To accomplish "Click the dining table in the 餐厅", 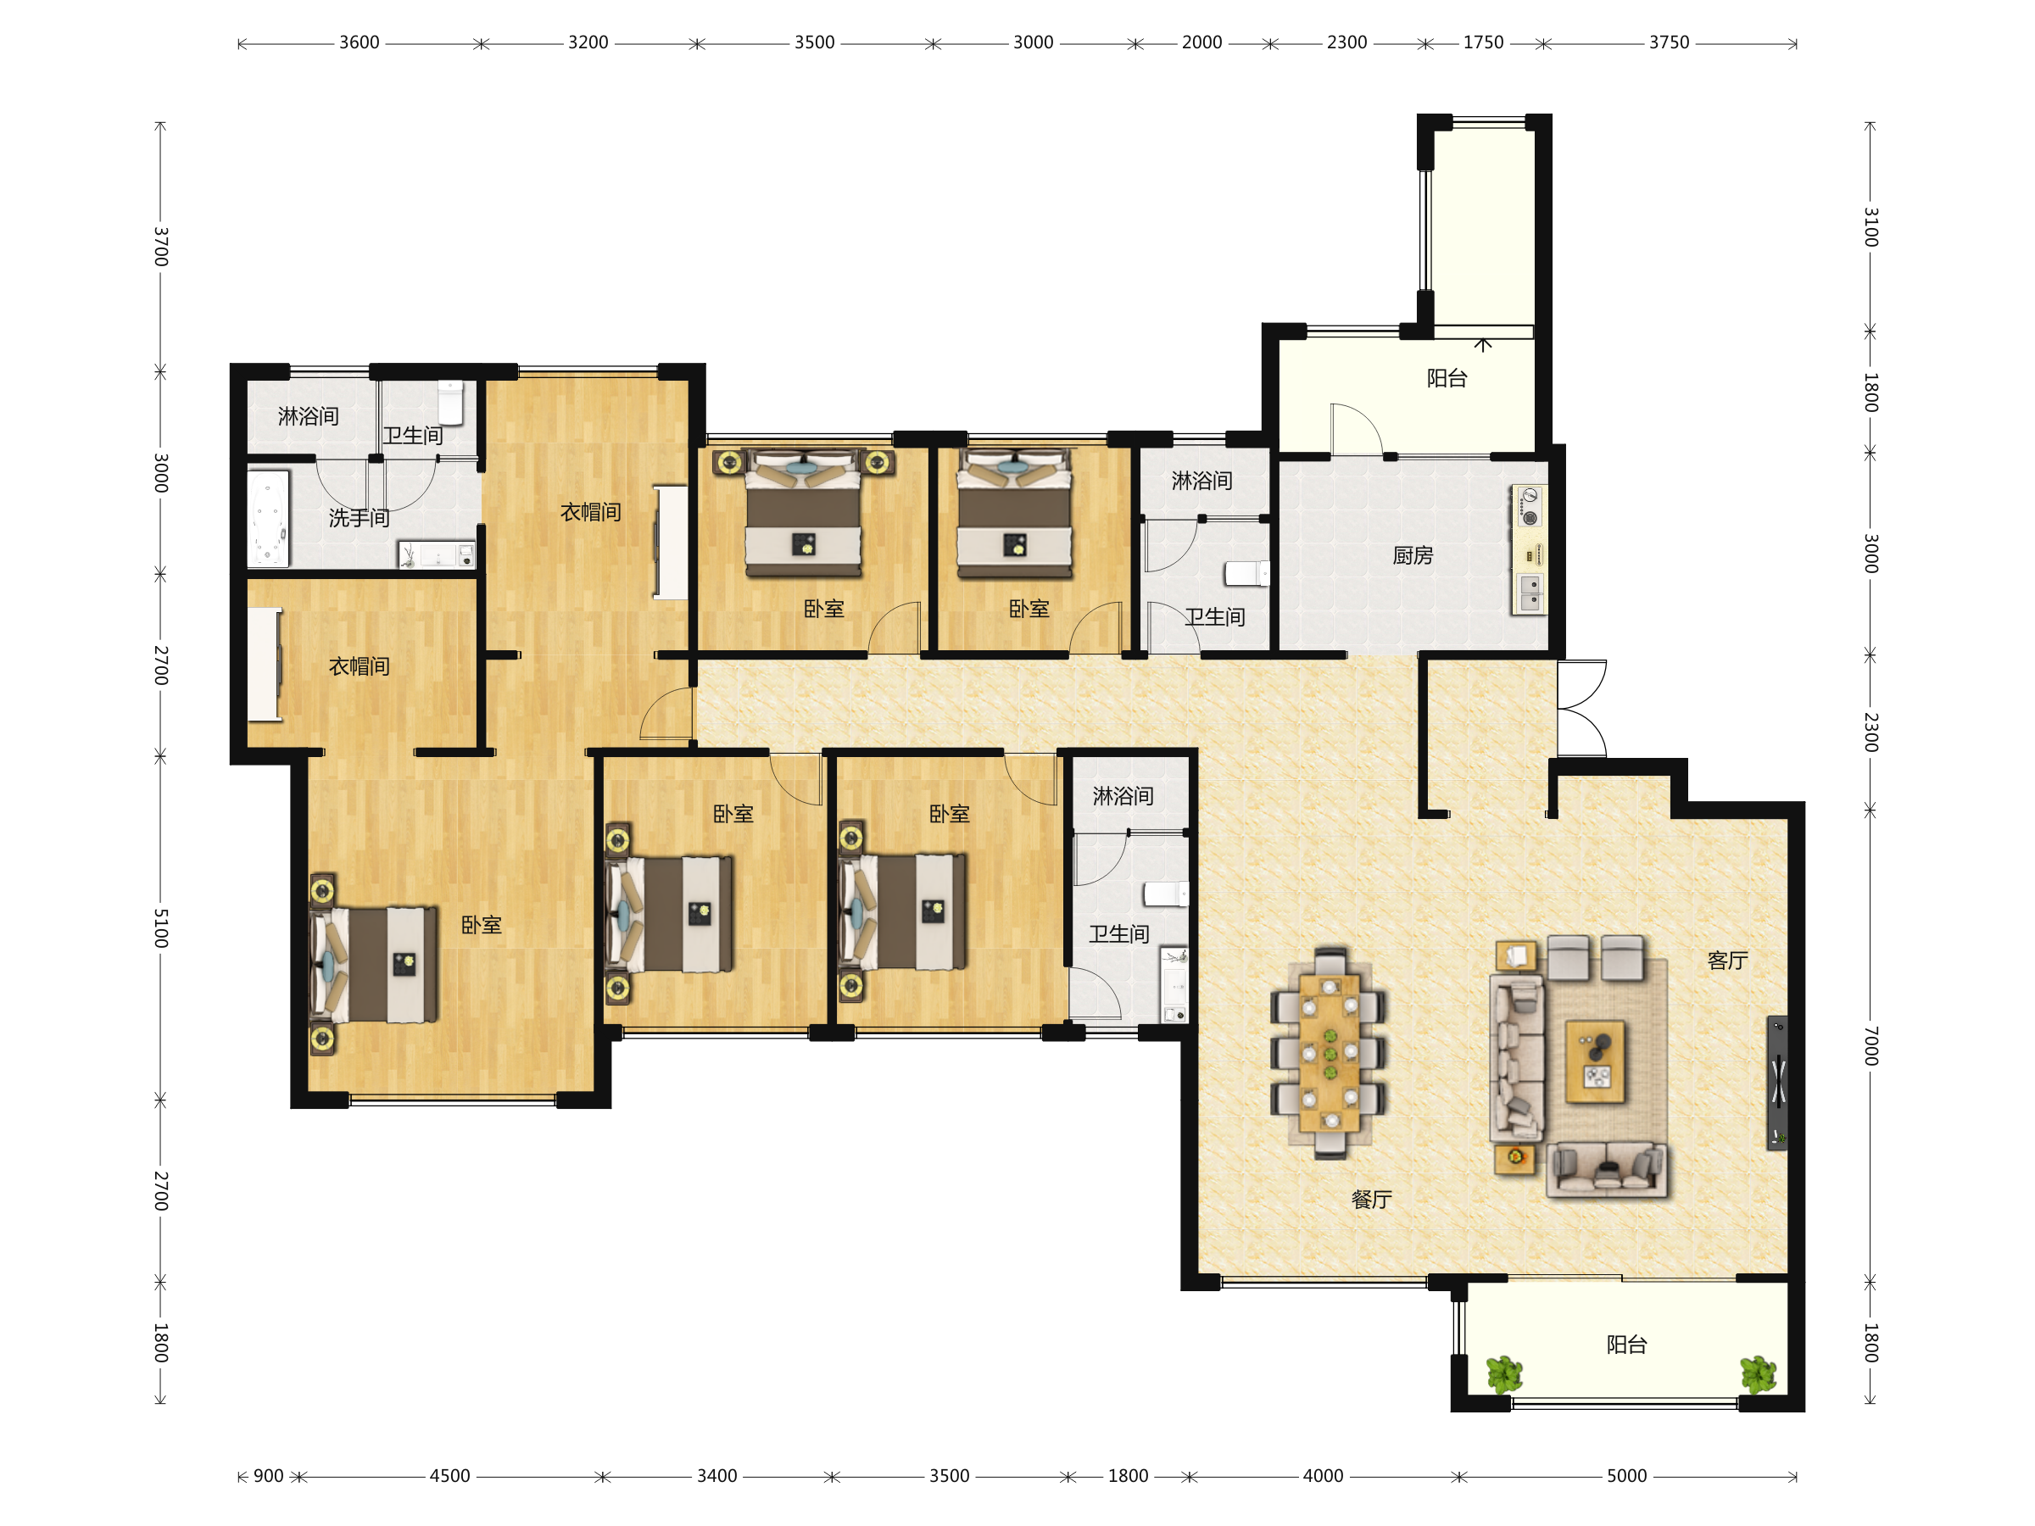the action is (x=1329, y=1053).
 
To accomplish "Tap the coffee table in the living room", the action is (x=1595, y=1061).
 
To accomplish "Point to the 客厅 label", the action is (x=1727, y=961).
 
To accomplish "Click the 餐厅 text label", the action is (x=1371, y=1200).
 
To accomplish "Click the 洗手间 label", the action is (x=359, y=518).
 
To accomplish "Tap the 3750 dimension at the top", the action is (x=1669, y=42).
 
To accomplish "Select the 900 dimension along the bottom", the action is (x=269, y=1476).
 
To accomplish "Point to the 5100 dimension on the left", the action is (x=161, y=928).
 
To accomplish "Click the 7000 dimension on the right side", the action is (x=1871, y=1046).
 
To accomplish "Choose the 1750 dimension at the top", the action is (x=1483, y=42).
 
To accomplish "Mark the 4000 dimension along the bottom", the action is (x=1323, y=1476).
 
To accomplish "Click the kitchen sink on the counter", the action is (x=1530, y=593).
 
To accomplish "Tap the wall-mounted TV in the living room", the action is (x=1777, y=1083).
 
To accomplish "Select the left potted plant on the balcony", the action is (x=1505, y=1375).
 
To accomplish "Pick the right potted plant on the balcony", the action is (x=1758, y=1375).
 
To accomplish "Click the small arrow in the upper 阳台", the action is (x=1483, y=344).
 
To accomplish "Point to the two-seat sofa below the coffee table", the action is (x=1607, y=1169).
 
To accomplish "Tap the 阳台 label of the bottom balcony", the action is (x=1625, y=1345).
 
